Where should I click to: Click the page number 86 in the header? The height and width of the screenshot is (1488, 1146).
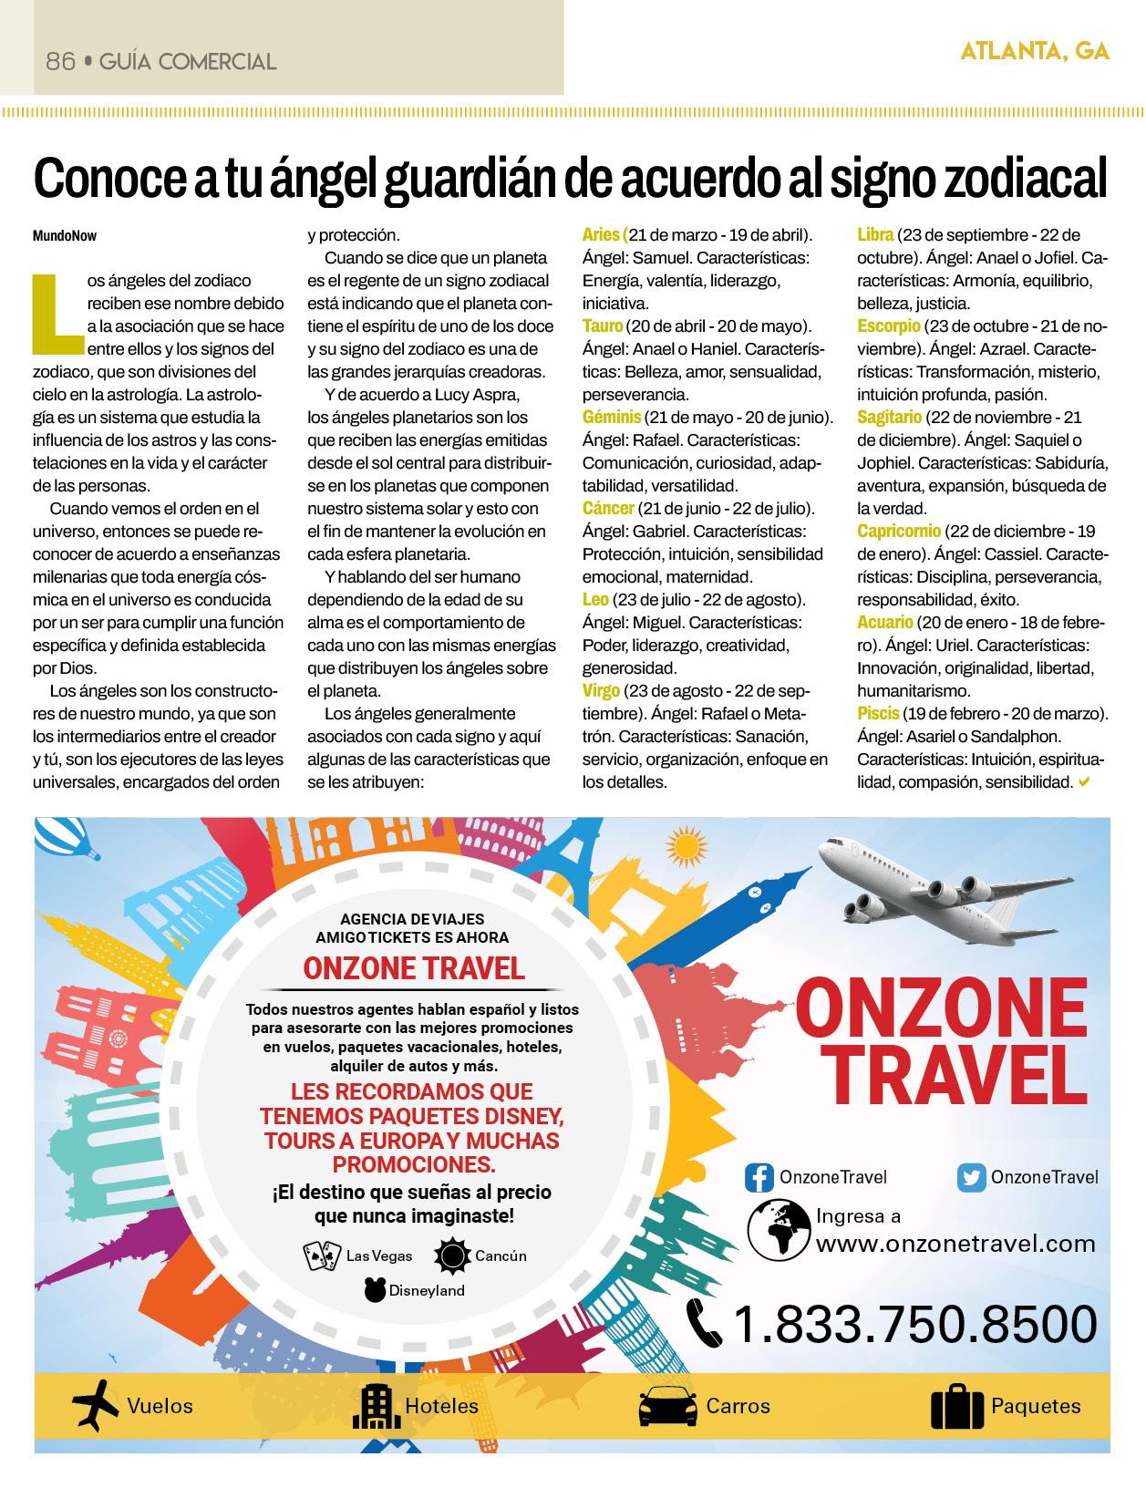point(59,62)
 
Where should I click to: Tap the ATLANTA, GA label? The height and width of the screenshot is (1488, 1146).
point(1035,52)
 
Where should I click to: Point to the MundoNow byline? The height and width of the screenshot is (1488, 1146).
point(65,236)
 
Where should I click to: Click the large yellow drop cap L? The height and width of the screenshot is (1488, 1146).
point(55,313)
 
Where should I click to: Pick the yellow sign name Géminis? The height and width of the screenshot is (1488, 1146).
point(612,418)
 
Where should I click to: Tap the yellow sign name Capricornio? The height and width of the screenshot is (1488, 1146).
point(899,532)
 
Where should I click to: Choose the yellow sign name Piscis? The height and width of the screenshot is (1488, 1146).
point(878,714)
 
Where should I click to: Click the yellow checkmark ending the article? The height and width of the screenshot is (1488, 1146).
point(1084,781)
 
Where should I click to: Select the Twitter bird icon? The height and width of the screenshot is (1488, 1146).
point(972,1178)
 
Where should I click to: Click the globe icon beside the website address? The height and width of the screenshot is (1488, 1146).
point(779,1229)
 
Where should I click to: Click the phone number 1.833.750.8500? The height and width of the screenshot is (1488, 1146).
point(914,1324)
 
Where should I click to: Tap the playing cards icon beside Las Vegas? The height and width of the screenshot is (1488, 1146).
point(322,1255)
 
